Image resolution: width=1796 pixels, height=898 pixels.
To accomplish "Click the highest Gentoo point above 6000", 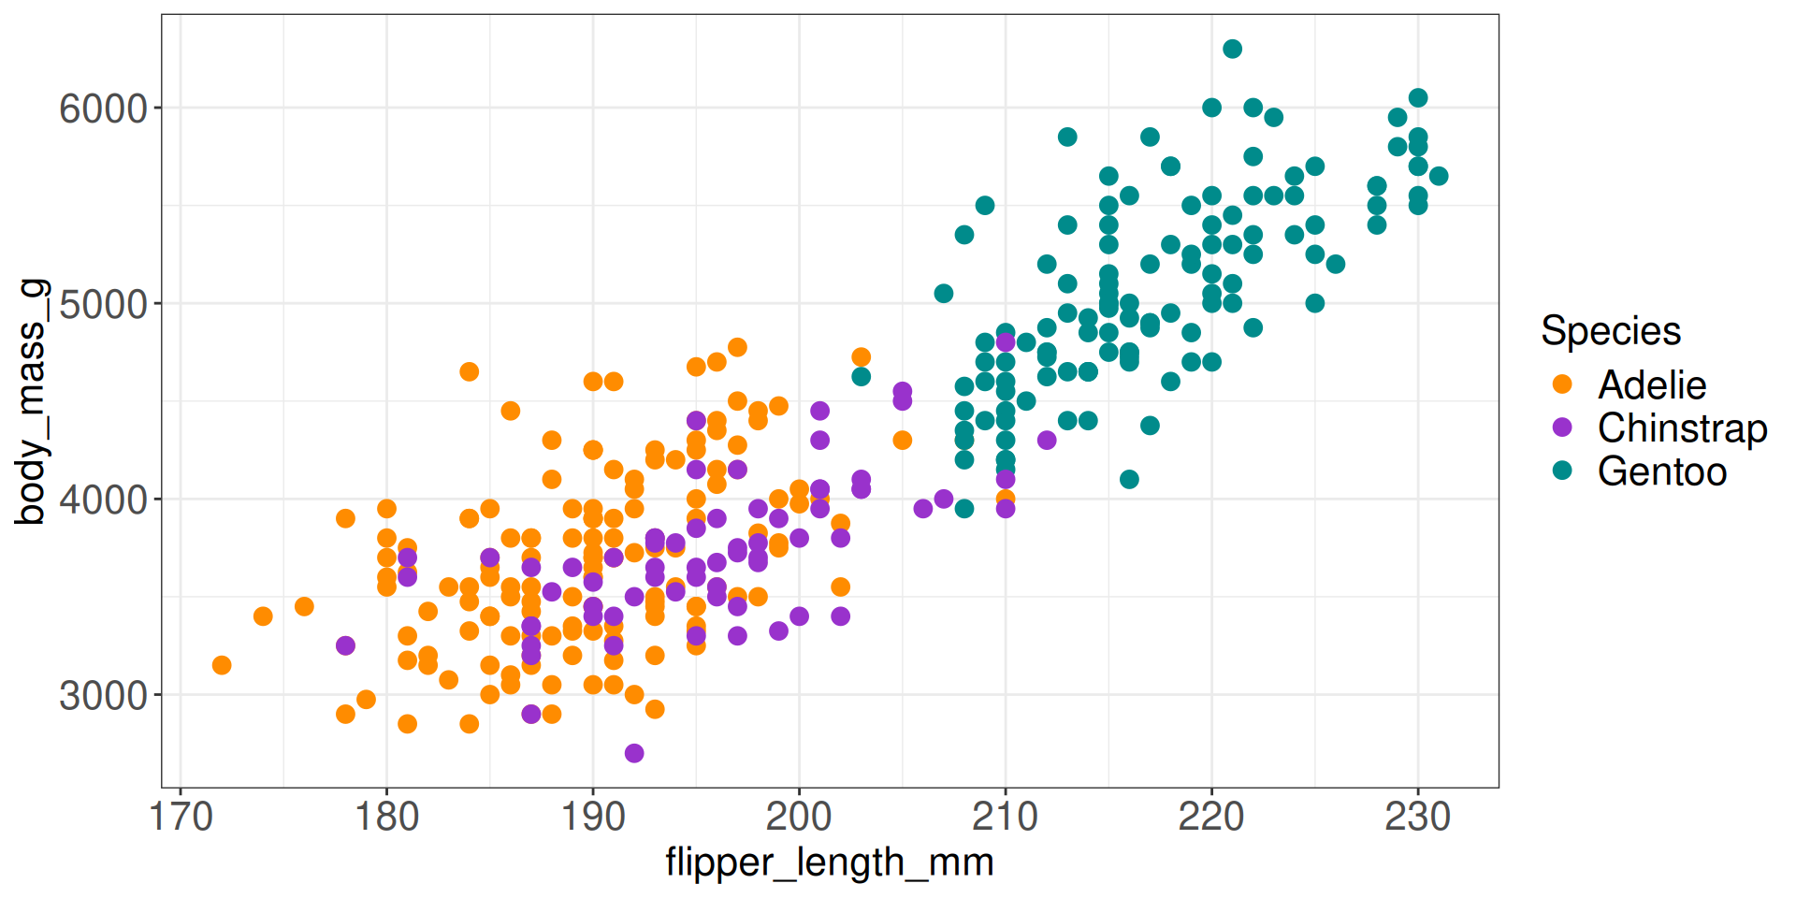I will [x=1232, y=49].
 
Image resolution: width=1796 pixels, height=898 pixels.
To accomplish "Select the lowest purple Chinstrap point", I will [x=634, y=753].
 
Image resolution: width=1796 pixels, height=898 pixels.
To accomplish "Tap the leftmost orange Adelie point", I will [x=222, y=665].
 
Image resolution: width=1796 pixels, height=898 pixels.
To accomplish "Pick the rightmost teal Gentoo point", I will [x=1439, y=176].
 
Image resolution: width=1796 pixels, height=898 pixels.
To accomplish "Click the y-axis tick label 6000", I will [x=103, y=109].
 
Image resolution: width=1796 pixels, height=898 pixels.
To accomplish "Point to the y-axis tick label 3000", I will [x=103, y=696].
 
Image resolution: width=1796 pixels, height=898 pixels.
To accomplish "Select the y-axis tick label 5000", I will [x=103, y=305].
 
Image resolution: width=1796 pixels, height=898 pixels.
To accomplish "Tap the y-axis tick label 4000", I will [x=103, y=500].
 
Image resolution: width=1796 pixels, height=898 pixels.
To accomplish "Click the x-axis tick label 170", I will [x=181, y=817].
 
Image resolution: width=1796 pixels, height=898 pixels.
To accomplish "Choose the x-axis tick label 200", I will [x=799, y=817].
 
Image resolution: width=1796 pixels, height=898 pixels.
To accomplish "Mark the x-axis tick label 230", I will [x=1417, y=817].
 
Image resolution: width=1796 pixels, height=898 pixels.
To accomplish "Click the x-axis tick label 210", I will [x=1005, y=817].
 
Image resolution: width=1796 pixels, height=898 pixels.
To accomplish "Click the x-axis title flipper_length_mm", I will [x=829, y=862].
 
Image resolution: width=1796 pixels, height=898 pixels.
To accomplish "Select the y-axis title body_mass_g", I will [x=30, y=400].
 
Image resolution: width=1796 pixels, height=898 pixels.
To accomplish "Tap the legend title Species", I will [x=1610, y=331].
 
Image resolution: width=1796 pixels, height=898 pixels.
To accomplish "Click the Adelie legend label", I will [x=1651, y=384].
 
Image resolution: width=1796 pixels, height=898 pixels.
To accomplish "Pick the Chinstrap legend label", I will [x=1682, y=427].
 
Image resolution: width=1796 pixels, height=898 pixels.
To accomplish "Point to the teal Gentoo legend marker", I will [x=1562, y=471].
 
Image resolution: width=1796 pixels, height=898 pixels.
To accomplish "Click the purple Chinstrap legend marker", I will [x=1562, y=427].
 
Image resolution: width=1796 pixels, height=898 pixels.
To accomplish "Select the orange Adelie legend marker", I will [x=1562, y=384].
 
